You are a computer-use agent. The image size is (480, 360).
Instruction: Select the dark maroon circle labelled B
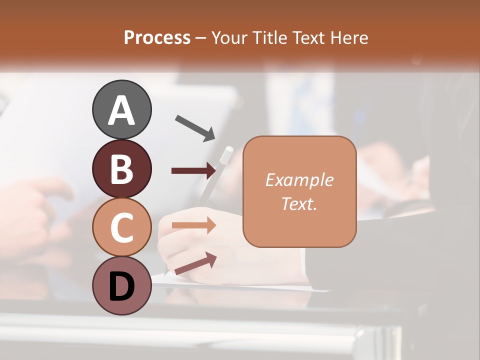[x=122, y=168]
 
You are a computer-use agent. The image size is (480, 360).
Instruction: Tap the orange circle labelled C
[x=122, y=227]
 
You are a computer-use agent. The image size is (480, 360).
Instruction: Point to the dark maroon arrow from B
[x=193, y=170]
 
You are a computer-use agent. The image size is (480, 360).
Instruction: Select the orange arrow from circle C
[x=193, y=225]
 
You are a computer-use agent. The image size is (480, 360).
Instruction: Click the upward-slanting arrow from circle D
[x=195, y=263]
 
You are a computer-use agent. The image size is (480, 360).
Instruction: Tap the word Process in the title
[x=157, y=38]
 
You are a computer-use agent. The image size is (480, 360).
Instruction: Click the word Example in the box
[x=299, y=180]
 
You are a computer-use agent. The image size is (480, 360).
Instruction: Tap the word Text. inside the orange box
[x=299, y=203]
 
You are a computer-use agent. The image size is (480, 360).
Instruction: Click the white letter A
[x=122, y=110]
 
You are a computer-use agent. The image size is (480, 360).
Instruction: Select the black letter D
[x=122, y=286]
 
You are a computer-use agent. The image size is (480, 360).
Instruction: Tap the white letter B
[x=122, y=169]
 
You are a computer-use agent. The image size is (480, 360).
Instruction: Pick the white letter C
[x=122, y=227]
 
